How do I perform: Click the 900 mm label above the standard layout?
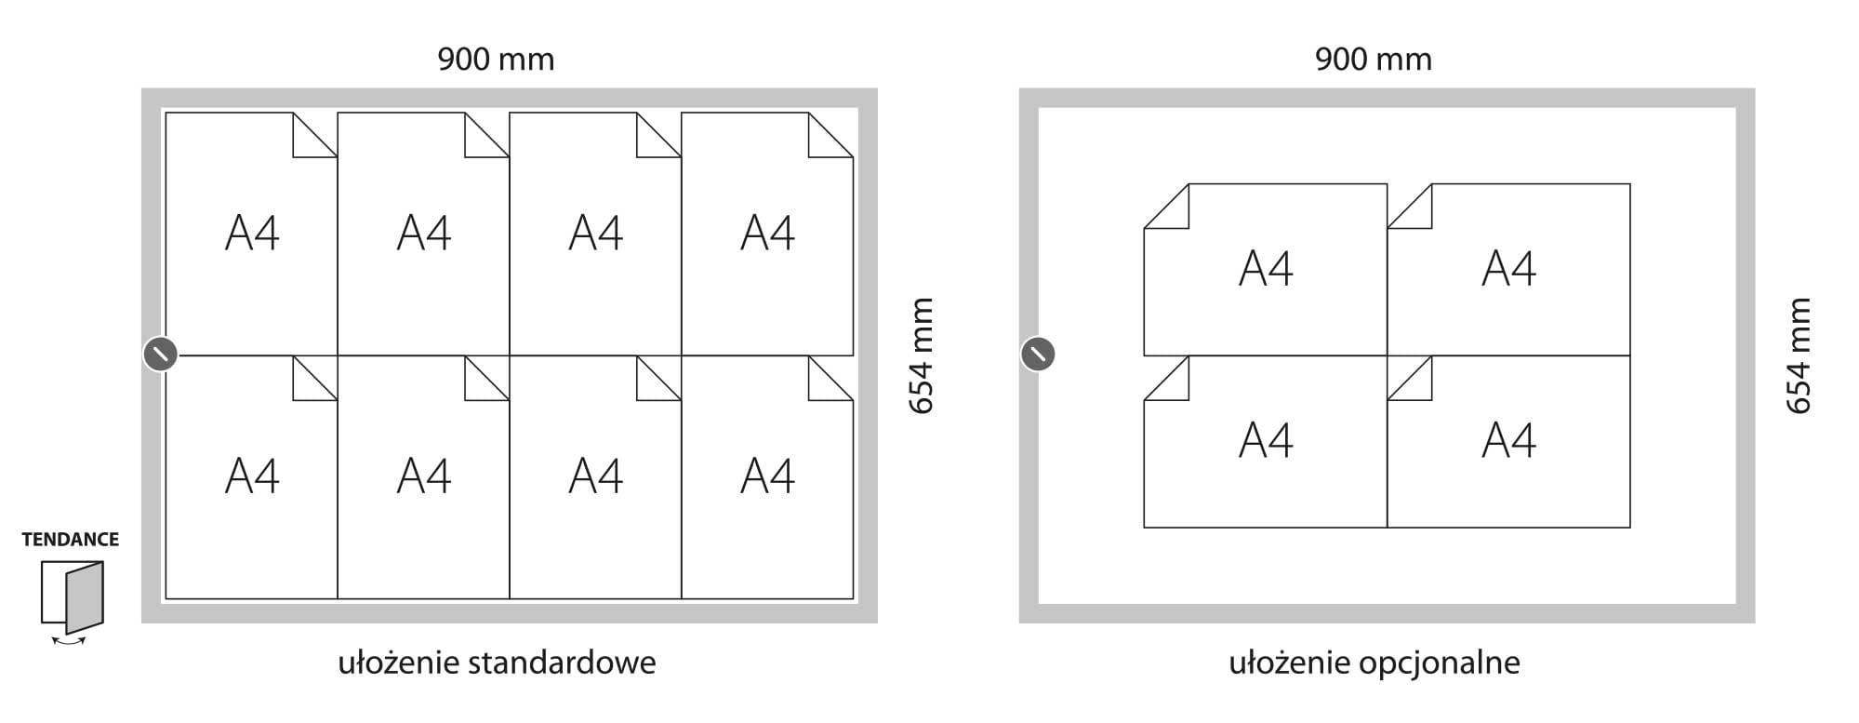pyautogui.click(x=496, y=60)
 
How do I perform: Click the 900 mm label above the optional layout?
pyautogui.click(x=1373, y=60)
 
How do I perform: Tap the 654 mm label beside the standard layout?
pyautogui.click(x=920, y=355)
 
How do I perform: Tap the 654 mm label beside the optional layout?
pyautogui.click(x=1799, y=355)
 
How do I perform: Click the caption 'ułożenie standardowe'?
pyautogui.click(x=497, y=663)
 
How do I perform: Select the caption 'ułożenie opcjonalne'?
pyautogui.click(x=1374, y=663)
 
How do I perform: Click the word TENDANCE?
pyautogui.click(x=71, y=540)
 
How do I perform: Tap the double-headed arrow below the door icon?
pyautogui.click(x=69, y=640)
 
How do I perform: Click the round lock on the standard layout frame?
pyautogui.click(x=160, y=355)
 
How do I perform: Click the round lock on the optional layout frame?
pyautogui.click(x=1038, y=355)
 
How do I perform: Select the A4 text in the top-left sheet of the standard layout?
pyautogui.click(x=252, y=233)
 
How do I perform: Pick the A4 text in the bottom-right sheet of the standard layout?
pyautogui.click(x=767, y=476)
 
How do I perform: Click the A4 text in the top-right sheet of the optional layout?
pyautogui.click(x=1508, y=269)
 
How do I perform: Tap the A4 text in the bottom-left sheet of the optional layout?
pyautogui.click(x=1266, y=441)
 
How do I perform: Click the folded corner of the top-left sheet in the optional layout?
pyautogui.click(x=1169, y=207)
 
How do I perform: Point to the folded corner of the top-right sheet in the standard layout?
pyautogui.click(x=830, y=136)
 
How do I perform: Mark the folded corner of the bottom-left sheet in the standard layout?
pyautogui.click(x=314, y=379)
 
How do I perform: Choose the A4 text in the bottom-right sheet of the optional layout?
pyautogui.click(x=1508, y=441)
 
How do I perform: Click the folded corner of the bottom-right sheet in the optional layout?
pyautogui.click(x=1411, y=379)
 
